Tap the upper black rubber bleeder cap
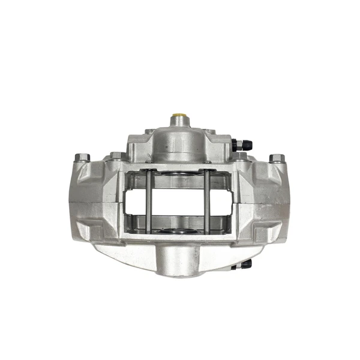click(x=247, y=145)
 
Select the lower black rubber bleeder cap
click(x=246, y=263)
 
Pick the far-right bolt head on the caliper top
click(x=277, y=158)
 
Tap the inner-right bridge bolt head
click(x=241, y=156)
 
